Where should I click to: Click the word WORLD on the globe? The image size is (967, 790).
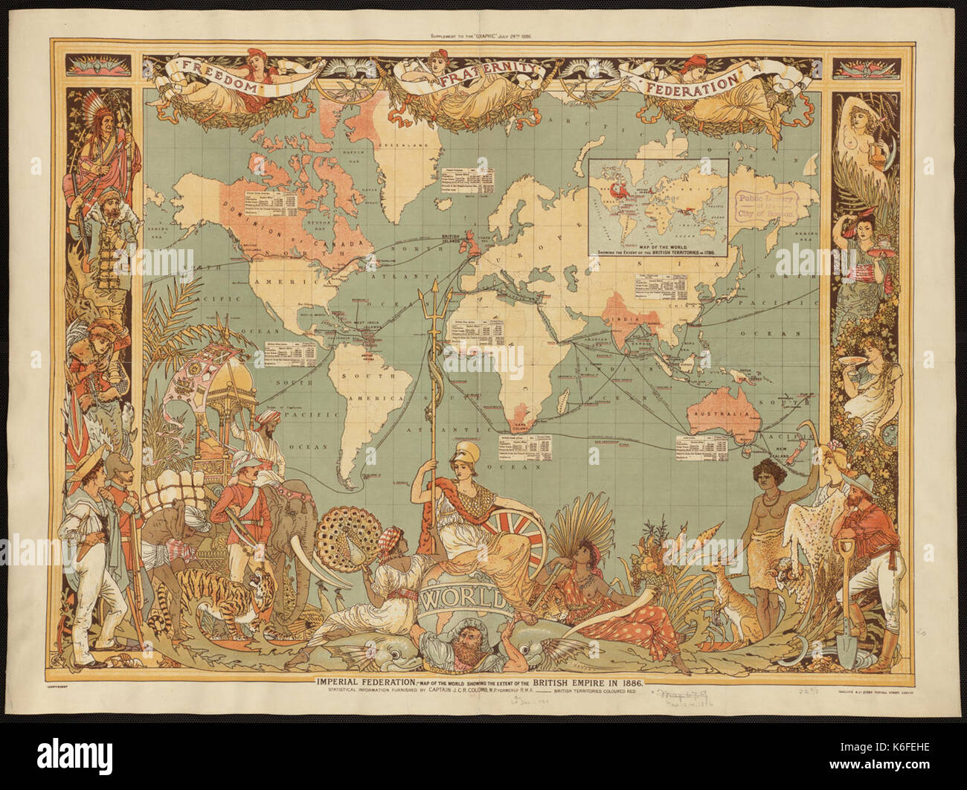(461, 597)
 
